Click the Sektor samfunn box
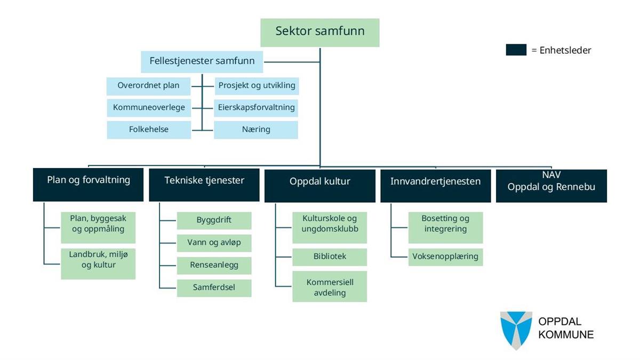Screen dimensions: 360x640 [320, 33]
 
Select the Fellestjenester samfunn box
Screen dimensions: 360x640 [202, 61]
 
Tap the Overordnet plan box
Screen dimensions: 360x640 [149, 86]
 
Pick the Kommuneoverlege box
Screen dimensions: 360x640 [149, 108]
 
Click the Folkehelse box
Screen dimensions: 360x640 [149, 130]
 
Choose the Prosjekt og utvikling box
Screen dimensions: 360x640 [256, 86]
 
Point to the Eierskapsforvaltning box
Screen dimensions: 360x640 [256, 108]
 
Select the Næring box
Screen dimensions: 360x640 [256, 130]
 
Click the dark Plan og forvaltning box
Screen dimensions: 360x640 [88, 185]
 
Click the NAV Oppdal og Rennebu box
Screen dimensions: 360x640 [551, 185]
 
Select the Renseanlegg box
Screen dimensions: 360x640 [214, 265]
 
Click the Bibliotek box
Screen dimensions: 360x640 [330, 257]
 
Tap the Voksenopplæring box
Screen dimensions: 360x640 [445, 257]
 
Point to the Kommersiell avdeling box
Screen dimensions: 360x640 [330, 287]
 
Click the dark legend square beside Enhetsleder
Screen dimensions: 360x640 [516, 50]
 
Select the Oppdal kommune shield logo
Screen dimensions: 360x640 [516, 330]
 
